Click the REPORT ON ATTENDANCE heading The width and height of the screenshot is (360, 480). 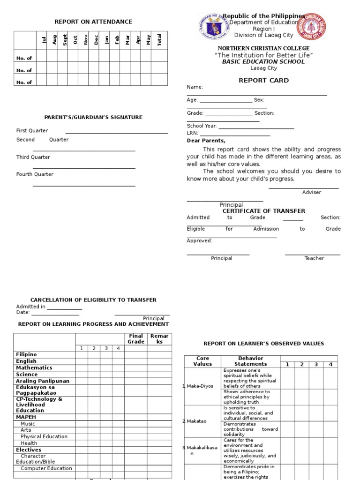(93, 22)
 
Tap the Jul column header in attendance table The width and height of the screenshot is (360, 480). (45, 40)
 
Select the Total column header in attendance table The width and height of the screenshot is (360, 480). (159, 41)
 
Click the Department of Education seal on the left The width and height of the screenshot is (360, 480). (214, 27)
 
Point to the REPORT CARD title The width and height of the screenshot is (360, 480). (264, 81)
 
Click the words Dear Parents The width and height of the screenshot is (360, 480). (206, 141)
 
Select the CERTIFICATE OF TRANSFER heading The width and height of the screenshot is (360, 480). (263, 211)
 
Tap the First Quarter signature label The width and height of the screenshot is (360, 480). (32, 131)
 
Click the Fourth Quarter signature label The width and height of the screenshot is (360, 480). (35, 174)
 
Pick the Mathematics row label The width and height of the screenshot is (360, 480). (34, 368)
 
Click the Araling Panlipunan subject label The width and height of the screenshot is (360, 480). (42, 381)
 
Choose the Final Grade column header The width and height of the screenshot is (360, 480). (136, 339)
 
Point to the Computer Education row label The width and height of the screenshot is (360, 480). (46, 468)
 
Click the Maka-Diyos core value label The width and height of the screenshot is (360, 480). (200, 386)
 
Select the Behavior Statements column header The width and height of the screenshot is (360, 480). (250, 361)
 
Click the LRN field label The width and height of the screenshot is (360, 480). (192, 133)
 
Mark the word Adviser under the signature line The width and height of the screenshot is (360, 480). (312, 193)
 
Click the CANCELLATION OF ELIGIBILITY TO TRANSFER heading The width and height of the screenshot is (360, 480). (93, 300)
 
